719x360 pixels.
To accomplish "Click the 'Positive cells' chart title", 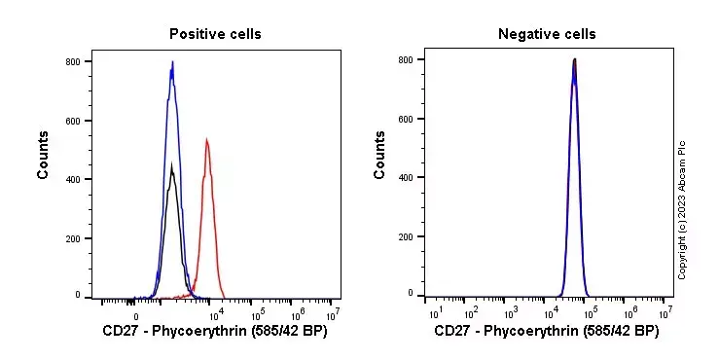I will [x=215, y=34].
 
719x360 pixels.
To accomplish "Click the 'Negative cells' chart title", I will [x=547, y=34].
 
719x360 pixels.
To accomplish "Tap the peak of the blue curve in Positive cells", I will [x=172, y=63].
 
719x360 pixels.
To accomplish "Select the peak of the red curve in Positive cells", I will [x=206, y=141].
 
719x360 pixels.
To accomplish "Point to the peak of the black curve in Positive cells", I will [x=171, y=165].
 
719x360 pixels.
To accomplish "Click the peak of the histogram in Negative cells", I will [x=574, y=60].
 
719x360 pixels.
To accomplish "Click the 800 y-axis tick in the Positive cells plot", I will [x=73, y=61].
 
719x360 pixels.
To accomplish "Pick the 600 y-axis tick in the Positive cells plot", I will [x=73, y=121].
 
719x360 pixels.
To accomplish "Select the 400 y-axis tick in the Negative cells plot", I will [x=406, y=177].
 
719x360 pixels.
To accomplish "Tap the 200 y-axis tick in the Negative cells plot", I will [x=406, y=235].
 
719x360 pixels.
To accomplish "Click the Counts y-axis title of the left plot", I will [x=44, y=155].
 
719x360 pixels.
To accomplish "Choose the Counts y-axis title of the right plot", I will [x=379, y=155].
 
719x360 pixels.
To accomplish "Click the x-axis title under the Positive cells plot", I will [x=215, y=332].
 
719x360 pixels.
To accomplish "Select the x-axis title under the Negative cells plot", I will [x=547, y=332].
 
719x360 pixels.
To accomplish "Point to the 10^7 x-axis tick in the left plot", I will [x=332, y=314].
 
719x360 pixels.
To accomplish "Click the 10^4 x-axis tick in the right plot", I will [x=550, y=312].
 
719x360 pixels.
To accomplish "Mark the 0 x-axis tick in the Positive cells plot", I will [x=136, y=315].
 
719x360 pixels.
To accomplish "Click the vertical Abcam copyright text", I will [x=682, y=209].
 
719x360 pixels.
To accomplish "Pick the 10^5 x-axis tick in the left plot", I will [x=258, y=314].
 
